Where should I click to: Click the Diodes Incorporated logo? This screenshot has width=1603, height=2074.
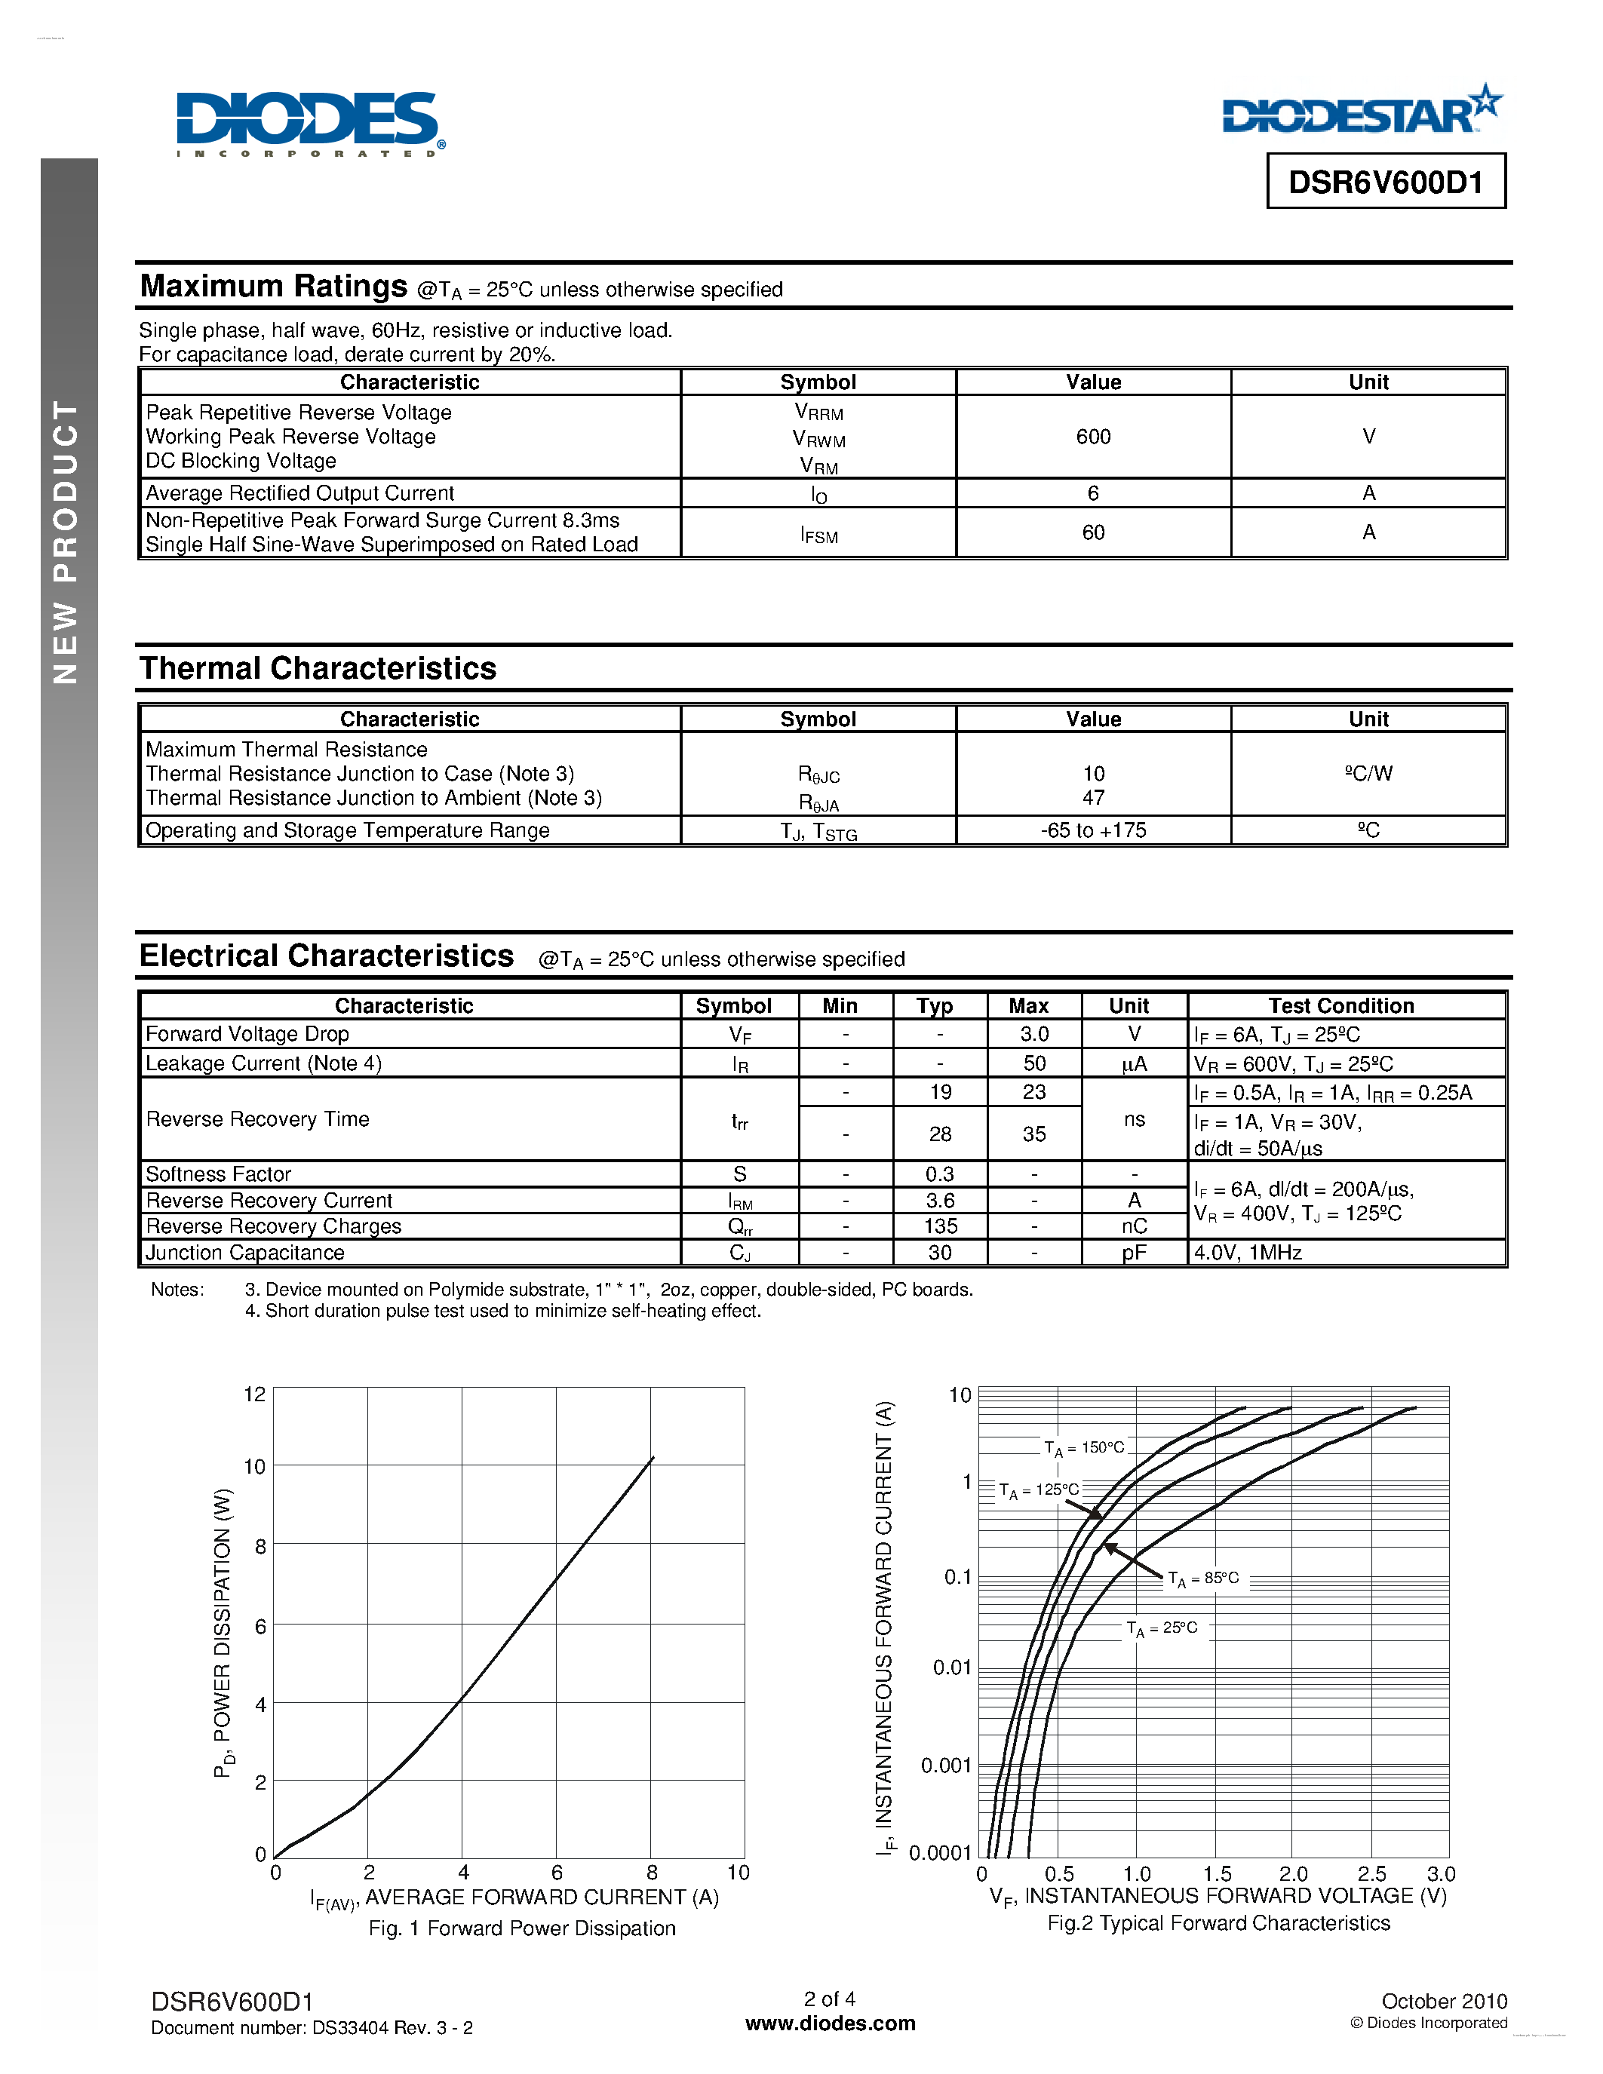pos(309,124)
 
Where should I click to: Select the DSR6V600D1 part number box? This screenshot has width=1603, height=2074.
pos(1386,181)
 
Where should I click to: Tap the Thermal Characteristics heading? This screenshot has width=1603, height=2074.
pos(318,668)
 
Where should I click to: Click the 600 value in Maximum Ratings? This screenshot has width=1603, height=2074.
pos(1093,437)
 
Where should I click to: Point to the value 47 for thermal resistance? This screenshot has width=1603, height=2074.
pos(1093,798)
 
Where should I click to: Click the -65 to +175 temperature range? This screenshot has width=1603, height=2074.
pos(1093,830)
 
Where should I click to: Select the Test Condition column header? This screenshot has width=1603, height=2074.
pos(1341,1005)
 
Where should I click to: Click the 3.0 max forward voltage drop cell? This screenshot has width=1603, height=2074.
pos(1034,1034)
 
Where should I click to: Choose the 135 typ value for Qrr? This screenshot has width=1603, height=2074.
pos(940,1226)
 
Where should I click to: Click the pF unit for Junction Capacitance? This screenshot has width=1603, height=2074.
pos(1134,1253)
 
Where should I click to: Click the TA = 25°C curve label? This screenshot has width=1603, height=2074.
pos(1162,1628)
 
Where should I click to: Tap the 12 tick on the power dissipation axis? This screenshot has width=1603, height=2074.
pos(254,1394)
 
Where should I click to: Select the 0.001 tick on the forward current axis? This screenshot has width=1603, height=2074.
pos(946,1766)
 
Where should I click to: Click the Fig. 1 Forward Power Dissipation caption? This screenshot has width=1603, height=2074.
pos(522,1928)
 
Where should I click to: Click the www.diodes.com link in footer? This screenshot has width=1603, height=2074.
pos(830,2023)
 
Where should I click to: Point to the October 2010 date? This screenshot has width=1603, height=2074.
pos(1444,2001)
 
